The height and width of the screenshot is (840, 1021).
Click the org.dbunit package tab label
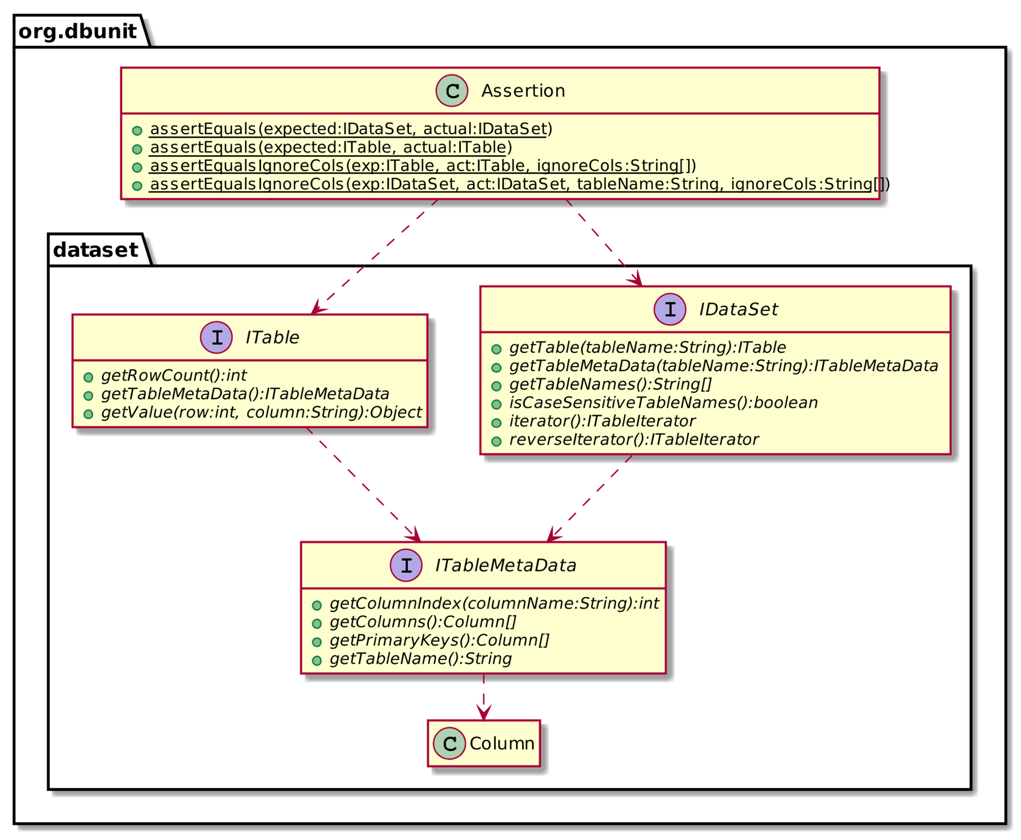(77, 31)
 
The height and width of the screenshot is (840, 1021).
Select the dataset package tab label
(95, 250)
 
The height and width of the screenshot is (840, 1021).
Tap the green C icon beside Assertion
(452, 91)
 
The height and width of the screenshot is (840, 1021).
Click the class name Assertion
(523, 91)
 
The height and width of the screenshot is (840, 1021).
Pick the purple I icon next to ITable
(217, 337)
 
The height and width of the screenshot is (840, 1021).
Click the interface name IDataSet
(738, 310)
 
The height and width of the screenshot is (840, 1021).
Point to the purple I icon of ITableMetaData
(406, 565)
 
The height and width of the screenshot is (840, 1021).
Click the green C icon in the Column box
(449, 743)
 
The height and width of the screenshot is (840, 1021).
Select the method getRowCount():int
(174, 375)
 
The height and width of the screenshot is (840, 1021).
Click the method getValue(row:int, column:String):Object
(261, 412)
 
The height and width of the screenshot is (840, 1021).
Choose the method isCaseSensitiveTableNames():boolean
(663, 402)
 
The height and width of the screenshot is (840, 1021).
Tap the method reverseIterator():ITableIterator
(633, 439)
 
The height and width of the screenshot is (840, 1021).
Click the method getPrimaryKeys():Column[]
(439, 640)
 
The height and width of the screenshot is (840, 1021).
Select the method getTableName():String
(421, 659)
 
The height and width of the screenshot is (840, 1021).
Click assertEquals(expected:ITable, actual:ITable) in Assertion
(331, 147)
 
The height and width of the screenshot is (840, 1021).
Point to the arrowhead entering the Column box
(483, 713)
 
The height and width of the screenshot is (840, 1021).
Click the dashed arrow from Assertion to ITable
(375, 256)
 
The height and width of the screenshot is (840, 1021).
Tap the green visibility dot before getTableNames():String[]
(496, 386)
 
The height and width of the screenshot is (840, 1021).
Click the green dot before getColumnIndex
(316, 605)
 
